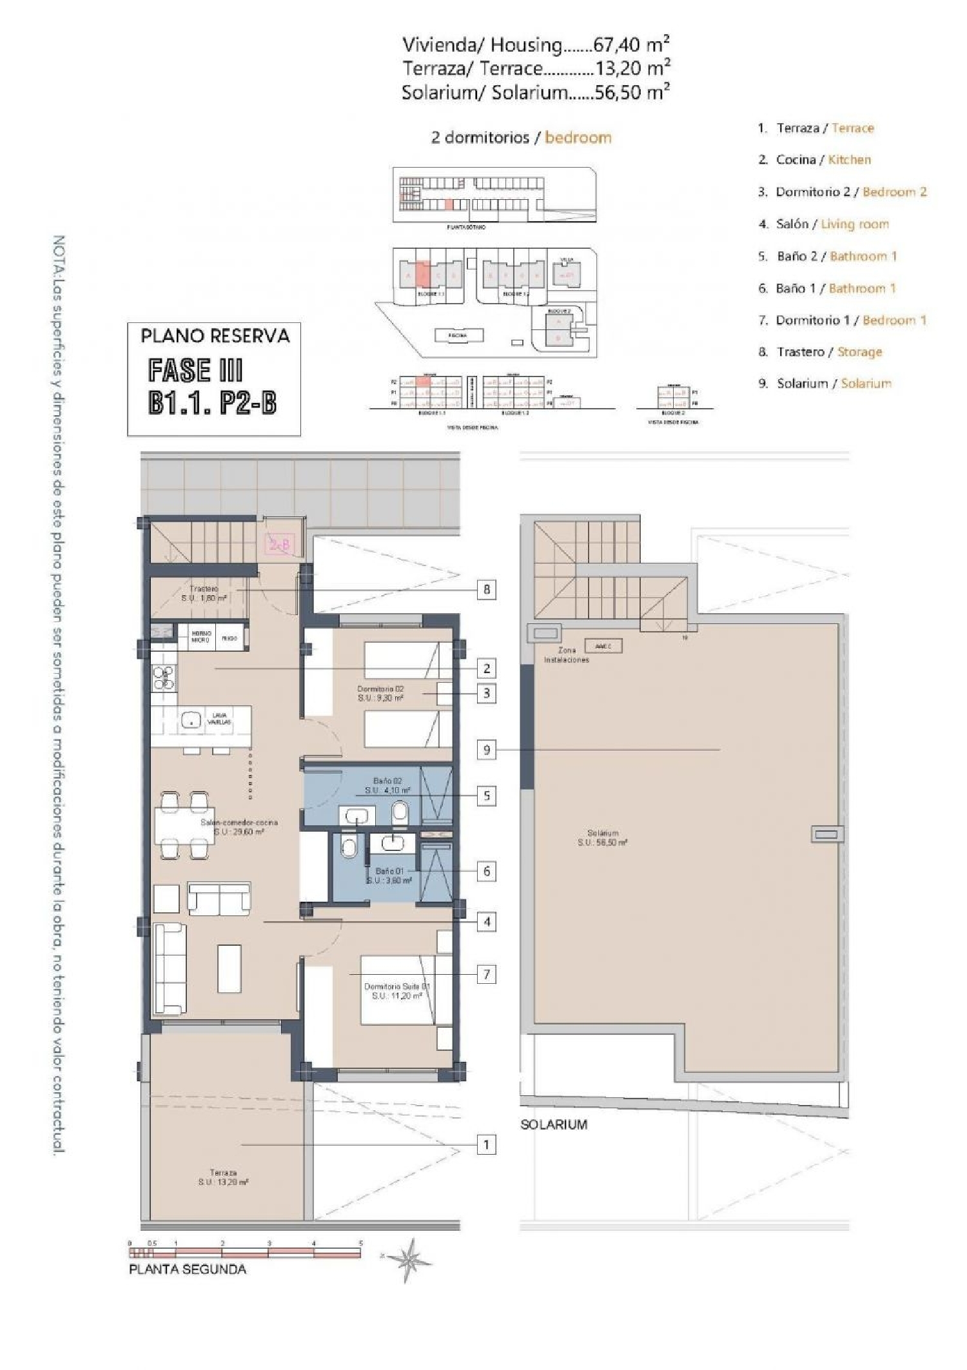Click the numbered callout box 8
[487, 589]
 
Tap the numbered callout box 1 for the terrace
[487, 1145]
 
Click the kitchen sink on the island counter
[191, 721]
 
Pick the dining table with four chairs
[184, 826]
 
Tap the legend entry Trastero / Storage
[828, 352]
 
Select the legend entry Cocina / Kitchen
[823, 160]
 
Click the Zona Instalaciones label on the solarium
[566, 655]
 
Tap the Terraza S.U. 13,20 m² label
[223, 1177]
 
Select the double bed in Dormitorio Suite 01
[396, 990]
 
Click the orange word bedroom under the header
[578, 137]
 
